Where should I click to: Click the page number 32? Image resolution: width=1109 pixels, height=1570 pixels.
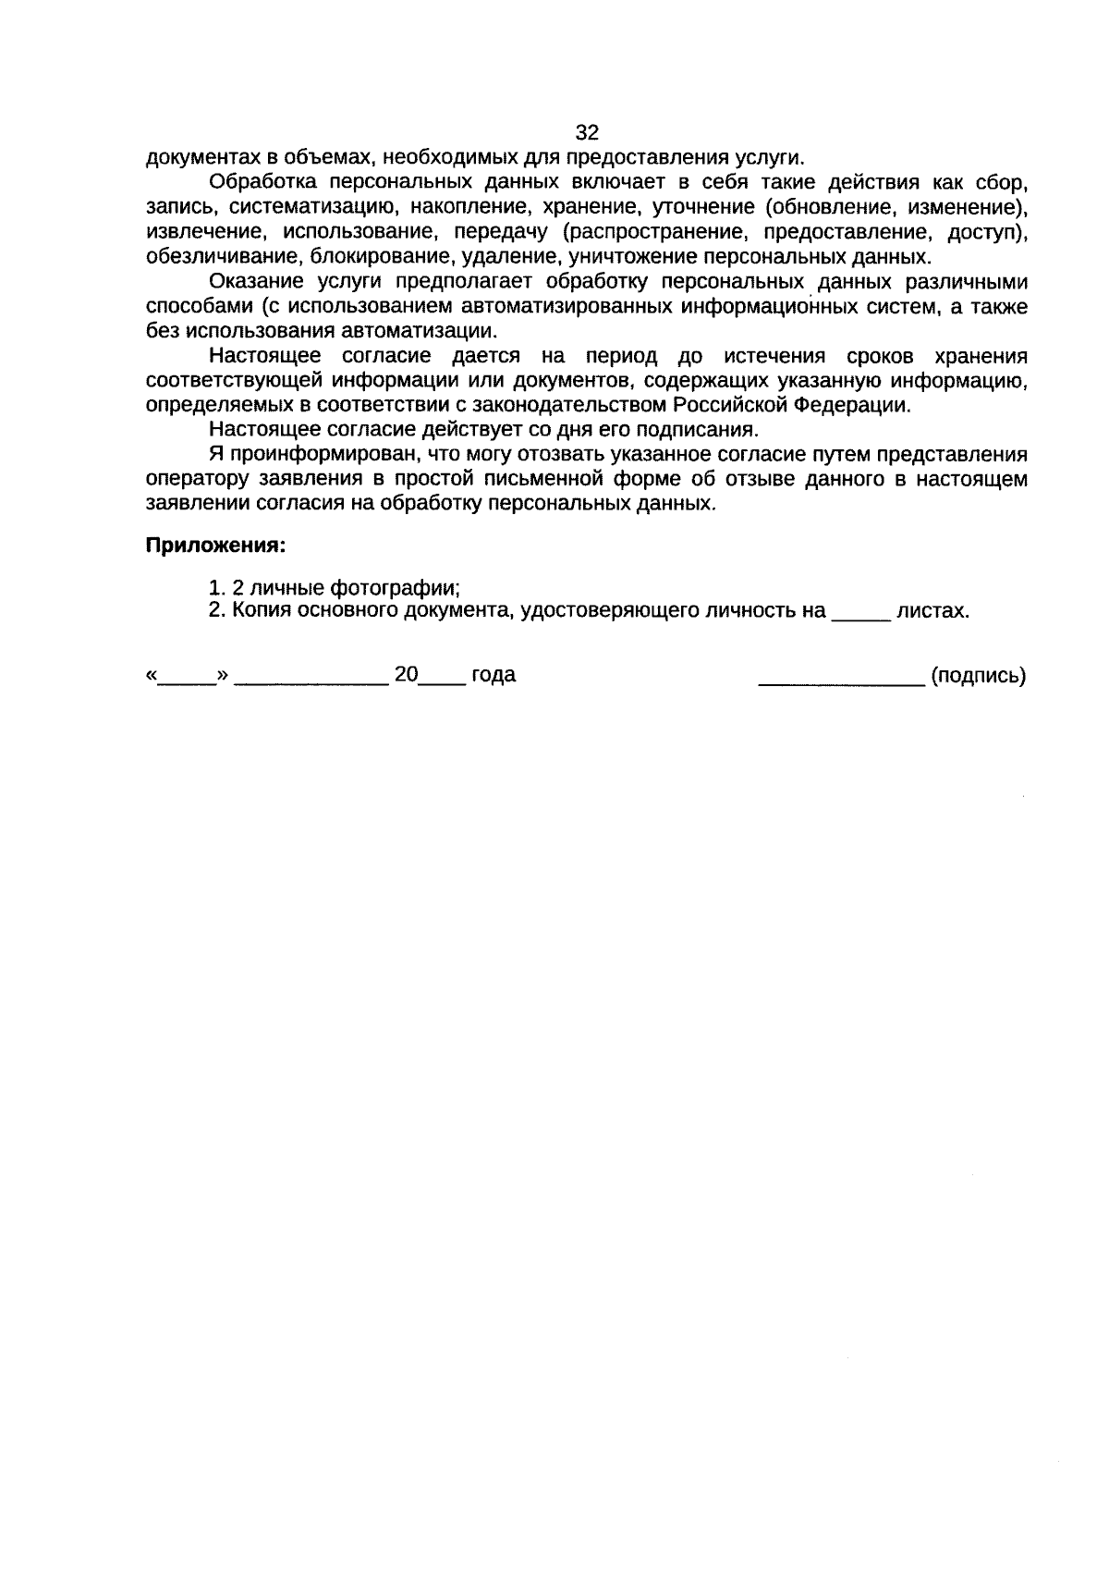tap(587, 132)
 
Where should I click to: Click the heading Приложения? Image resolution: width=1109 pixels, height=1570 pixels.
tap(215, 546)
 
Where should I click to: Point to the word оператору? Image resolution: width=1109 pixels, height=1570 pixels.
tap(189, 480)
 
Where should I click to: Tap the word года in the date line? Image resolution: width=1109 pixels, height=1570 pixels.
tap(494, 676)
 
